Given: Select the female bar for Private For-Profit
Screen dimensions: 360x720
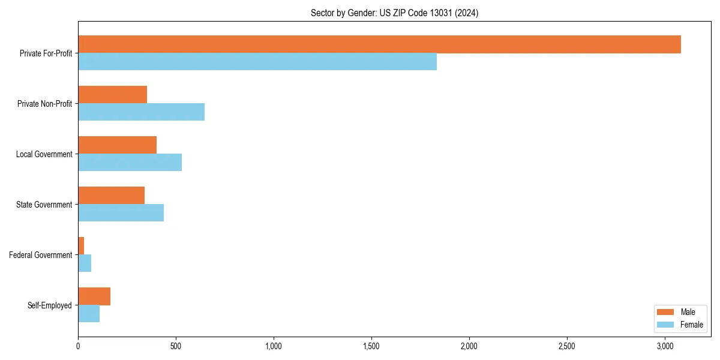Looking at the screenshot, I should coord(257,62).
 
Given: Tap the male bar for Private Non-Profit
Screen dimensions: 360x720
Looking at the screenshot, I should coord(112,95).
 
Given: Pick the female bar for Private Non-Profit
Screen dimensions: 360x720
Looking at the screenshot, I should coord(141,112).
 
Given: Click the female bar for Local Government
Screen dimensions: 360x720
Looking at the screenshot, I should coord(130,163).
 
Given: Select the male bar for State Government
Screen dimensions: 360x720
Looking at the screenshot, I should coord(111,196).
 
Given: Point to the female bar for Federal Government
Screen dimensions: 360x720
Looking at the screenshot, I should coord(85,263).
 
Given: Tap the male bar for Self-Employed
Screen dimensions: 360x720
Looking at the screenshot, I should coord(94,296).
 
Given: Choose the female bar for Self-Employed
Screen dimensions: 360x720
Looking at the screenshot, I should coord(89,314).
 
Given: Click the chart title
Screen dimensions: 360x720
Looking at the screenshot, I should coord(394,13).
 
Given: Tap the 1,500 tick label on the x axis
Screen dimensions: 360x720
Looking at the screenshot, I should coord(371,346).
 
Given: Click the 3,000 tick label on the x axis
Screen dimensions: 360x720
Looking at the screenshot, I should coord(665,346).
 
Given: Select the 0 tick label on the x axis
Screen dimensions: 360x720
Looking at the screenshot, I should coord(78,346).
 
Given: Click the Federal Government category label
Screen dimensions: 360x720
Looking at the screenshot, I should coord(41,255).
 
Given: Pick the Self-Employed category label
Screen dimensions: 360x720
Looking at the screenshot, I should coord(50,305).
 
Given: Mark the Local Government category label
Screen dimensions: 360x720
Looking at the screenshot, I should coord(44,154).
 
